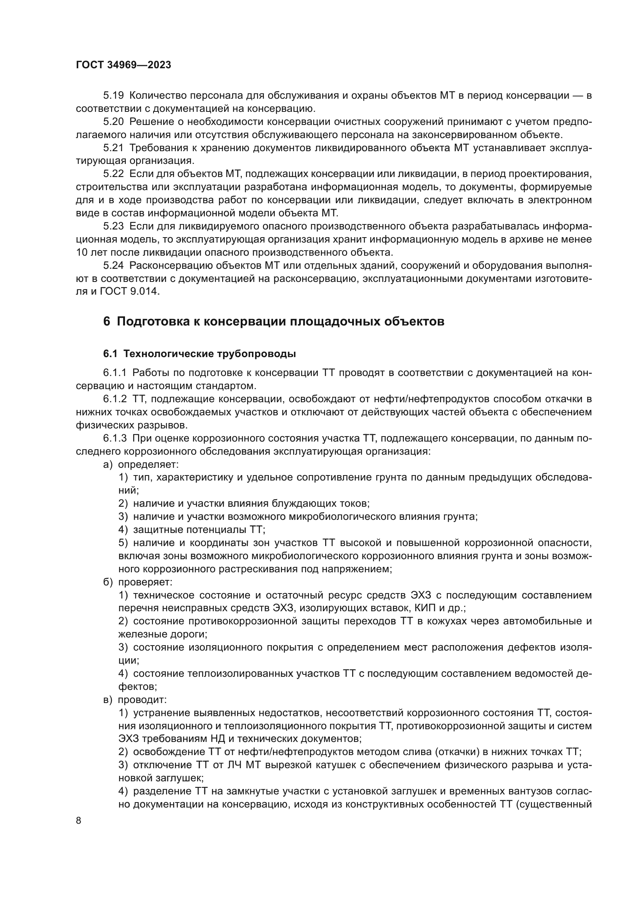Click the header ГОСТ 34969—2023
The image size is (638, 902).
tap(123, 65)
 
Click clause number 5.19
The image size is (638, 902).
tap(113, 96)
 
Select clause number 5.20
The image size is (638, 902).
tap(113, 122)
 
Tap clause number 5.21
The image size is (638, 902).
tap(113, 148)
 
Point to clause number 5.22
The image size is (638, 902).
tap(113, 174)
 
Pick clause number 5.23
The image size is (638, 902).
tap(113, 226)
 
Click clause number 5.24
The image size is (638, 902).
tap(113, 266)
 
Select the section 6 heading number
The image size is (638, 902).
tap(107, 321)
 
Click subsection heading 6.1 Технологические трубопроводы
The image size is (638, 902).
tap(199, 354)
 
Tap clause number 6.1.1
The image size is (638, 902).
tap(115, 373)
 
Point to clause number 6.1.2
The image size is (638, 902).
tap(115, 399)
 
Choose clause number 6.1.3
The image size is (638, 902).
tap(115, 438)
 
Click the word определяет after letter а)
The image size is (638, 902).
tap(148, 465)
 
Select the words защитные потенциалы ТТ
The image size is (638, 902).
tap(199, 530)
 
